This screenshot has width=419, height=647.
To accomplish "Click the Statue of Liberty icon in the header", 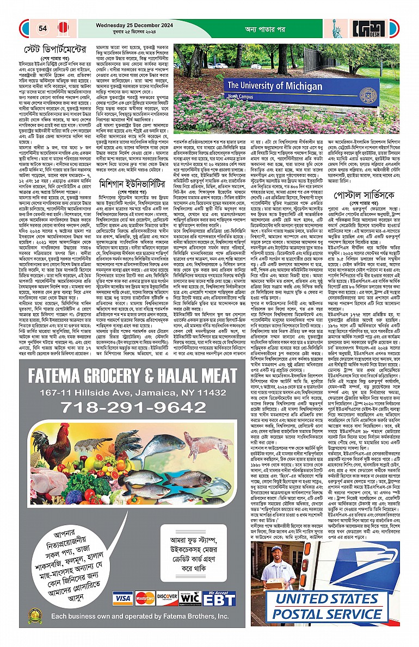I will pos(335,27).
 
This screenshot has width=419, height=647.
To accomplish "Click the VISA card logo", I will pos(122,598).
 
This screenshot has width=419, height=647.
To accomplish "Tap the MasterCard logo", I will pos(145,598).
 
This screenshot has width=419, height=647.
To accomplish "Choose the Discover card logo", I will pos(168,598).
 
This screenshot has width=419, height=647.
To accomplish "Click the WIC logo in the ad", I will pos(190,598).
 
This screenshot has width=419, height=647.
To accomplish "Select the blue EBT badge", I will pos(219,599).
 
